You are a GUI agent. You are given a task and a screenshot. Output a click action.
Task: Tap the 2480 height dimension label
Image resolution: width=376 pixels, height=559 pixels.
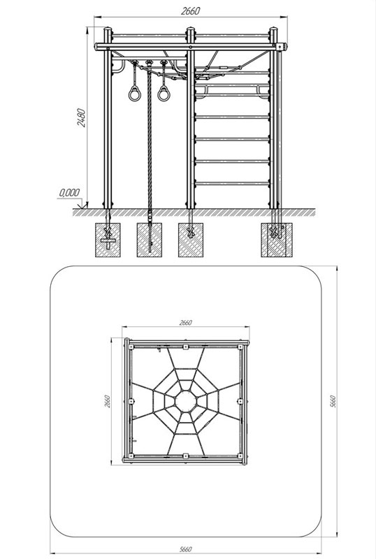point(82,117)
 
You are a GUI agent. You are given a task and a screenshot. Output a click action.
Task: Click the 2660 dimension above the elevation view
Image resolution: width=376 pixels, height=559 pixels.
point(191,11)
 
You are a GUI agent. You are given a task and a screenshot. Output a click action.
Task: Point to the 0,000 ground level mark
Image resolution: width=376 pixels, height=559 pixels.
point(69,193)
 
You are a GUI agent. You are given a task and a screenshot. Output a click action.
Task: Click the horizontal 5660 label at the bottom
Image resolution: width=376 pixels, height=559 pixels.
point(185,549)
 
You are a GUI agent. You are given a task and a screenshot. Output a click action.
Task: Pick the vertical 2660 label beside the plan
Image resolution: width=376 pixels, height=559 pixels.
point(108,401)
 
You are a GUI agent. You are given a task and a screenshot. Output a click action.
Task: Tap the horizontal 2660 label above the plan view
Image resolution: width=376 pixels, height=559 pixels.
point(185,323)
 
